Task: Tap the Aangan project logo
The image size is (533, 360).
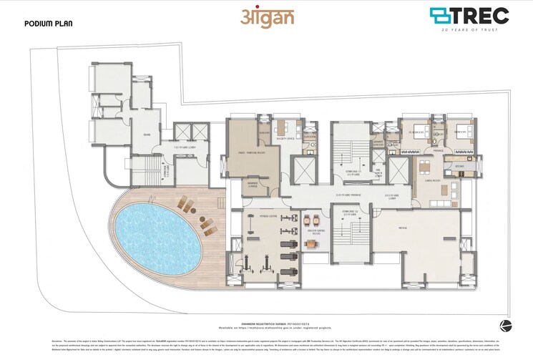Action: click(x=265, y=17)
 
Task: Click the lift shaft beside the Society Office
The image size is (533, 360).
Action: click(x=303, y=169)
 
